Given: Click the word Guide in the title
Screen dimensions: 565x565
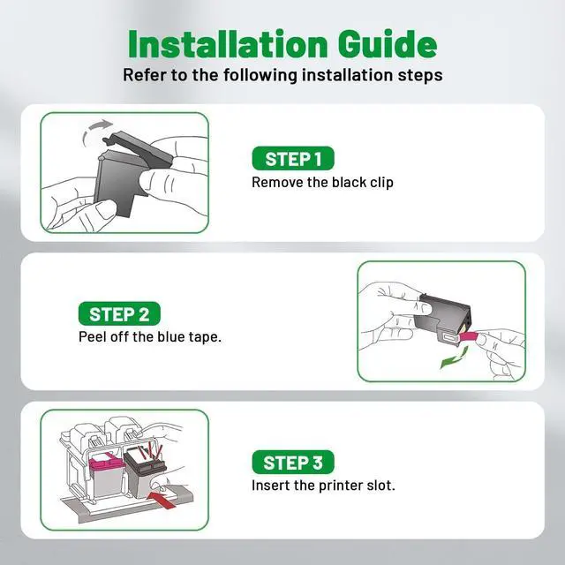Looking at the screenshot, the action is pyautogui.click(x=388, y=44).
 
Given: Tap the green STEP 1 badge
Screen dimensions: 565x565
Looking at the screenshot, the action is pyautogui.click(x=293, y=158).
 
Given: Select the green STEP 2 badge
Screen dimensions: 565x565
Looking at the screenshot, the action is pyautogui.click(x=119, y=313).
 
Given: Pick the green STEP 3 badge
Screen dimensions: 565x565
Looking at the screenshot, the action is pyautogui.click(x=293, y=462).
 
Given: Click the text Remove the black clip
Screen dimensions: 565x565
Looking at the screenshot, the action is pyautogui.click(x=322, y=183).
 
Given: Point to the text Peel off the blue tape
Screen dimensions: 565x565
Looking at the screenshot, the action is pyautogui.click(x=150, y=337).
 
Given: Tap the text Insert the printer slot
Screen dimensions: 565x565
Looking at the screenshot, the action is pyautogui.click(x=323, y=486).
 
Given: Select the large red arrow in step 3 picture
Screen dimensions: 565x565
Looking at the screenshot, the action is pyautogui.click(x=162, y=500).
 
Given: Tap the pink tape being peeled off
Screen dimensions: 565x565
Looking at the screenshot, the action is pyautogui.click(x=470, y=337).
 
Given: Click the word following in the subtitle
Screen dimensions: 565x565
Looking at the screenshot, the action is pyautogui.click(x=260, y=75).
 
